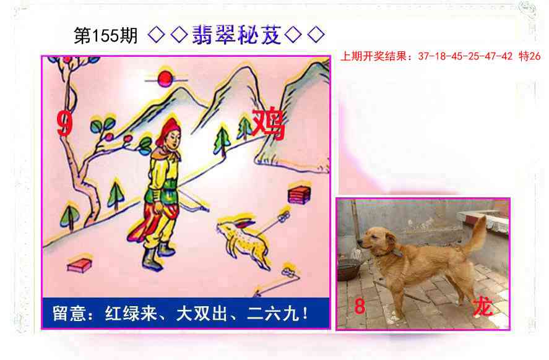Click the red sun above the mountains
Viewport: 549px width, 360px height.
coord(164,78)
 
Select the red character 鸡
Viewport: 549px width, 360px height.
coord(268,124)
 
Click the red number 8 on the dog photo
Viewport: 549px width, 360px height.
coord(360,306)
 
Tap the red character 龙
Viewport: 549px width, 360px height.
coord(482,306)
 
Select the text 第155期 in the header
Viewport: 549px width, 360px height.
coord(105,36)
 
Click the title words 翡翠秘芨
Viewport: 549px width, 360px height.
coord(236,35)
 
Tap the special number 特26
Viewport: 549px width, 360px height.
coord(530,56)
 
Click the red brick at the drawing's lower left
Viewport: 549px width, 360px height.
coord(79,266)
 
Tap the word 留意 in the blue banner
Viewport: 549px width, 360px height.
coord(67,313)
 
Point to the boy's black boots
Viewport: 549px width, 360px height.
coord(156,255)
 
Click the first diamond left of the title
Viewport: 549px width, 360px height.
coord(157,36)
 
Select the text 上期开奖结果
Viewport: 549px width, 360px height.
coord(374,56)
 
